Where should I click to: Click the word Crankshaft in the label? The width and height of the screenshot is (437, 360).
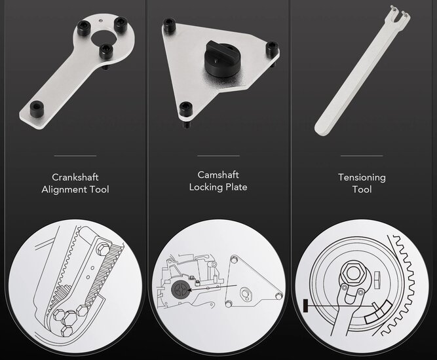point(75,177)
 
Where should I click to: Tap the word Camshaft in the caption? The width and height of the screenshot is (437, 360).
point(218,175)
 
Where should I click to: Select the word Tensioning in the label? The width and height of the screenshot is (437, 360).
point(362,178)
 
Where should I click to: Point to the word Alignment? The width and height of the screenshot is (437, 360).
point(64,190)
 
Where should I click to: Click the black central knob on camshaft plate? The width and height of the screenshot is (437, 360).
point(222,58)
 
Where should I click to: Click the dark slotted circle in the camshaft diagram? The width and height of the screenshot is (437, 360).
point(180,290)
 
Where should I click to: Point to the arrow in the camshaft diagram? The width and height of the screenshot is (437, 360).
point(212,287)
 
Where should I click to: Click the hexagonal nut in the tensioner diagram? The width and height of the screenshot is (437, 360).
point(353,272)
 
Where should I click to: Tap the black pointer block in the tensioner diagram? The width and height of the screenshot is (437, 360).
point(305,305)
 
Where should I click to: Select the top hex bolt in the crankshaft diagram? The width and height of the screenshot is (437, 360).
point(102,248)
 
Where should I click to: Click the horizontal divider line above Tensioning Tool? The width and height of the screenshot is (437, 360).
point(362,156)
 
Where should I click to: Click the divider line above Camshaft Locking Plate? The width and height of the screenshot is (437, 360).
point(218,156)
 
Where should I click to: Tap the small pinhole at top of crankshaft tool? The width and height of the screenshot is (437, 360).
point(101,20)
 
